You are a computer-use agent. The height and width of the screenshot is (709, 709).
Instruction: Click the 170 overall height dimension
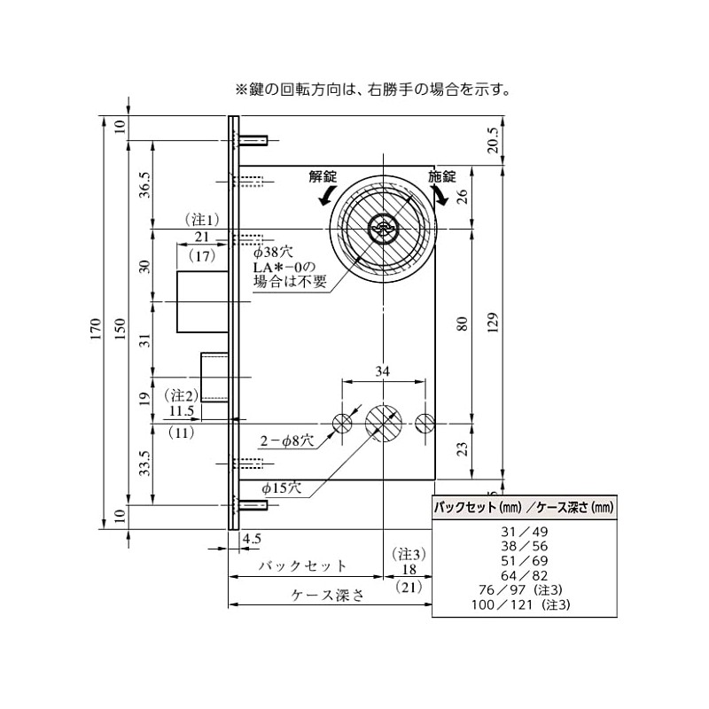pos(96,329)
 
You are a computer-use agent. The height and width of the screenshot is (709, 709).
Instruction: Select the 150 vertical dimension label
pos(120,329)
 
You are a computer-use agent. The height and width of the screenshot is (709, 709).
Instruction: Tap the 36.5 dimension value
pos(144,185)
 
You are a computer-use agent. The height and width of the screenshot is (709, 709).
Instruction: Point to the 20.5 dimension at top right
pos(493,140)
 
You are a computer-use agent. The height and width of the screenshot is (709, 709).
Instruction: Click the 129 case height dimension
pos(493,323)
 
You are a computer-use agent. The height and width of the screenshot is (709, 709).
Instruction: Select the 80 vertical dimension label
pos(462,323)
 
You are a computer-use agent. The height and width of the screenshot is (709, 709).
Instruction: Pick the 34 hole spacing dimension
pos(383,371)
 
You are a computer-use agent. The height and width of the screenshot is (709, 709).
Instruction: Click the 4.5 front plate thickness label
pos(252,539)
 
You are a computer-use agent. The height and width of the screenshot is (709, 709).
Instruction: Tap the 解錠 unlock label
pos(323,176)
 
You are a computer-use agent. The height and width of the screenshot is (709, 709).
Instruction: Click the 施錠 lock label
pos(442,176)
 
